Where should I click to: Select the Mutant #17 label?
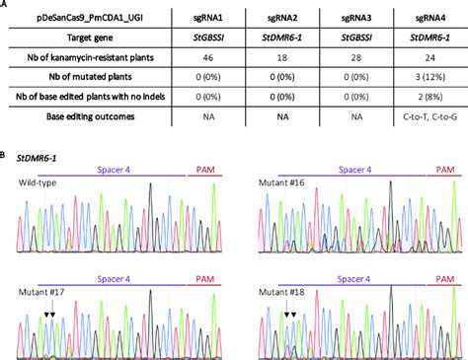pyautogui.click(x=40, y=293)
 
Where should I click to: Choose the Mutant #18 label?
pyautogui.click(x=278, y=293)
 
